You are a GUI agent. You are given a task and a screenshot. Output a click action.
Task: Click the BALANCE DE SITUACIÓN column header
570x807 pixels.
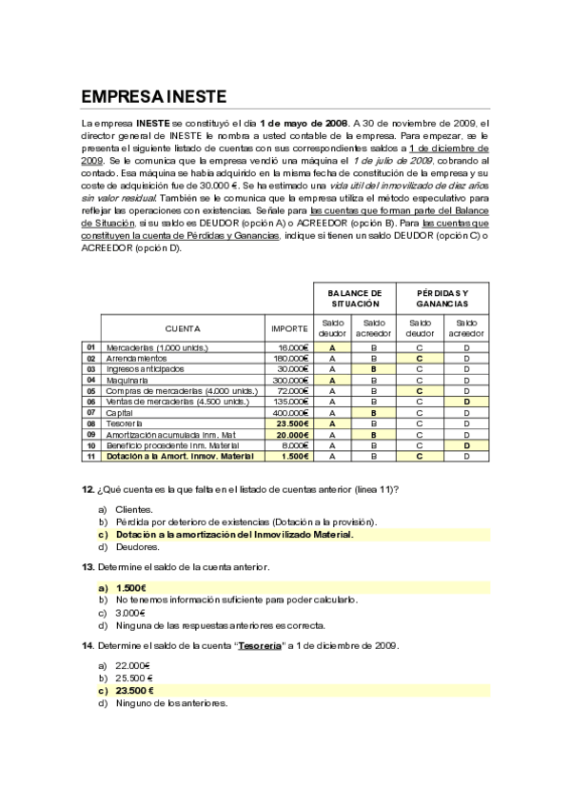pyautogui.click(x=354, y=298)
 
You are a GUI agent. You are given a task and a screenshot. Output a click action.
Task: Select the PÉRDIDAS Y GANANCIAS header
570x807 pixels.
pyautogui.click(x=442, y=298)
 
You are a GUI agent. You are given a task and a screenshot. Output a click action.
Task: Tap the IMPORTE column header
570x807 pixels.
pyautogui.click(x=289, y=328)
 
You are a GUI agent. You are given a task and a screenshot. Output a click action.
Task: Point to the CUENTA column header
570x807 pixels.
pyautogui.click(x=184, y=328)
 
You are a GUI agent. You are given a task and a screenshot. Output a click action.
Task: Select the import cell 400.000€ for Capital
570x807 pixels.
pyautogui.click(x=290, y=413)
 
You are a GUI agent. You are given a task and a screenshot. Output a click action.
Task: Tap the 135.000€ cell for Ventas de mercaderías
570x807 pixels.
pyautogui.click(x=290, y=402)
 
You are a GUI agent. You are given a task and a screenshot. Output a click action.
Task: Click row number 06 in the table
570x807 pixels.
pyautogui.click(x=91, y=402)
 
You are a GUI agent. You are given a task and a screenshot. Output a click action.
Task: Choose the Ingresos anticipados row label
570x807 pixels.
pyautogui.click(x=145, y=369)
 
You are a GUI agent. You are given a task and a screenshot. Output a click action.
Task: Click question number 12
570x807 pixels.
pyautogui.click(x=87, y=489)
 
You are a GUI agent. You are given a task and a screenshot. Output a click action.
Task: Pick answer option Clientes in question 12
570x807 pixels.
pyautogui.click(x=134, y=510)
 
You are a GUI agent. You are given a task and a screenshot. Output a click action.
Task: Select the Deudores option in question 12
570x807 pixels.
pyautogui.click(x=138, y=547)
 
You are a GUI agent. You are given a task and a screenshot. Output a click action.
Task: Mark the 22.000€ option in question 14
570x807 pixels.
pyautogui.click(x=134, y=666)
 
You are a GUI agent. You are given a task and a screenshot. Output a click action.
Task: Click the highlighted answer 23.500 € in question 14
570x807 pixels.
pyautogui.click(x=135, y=691)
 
